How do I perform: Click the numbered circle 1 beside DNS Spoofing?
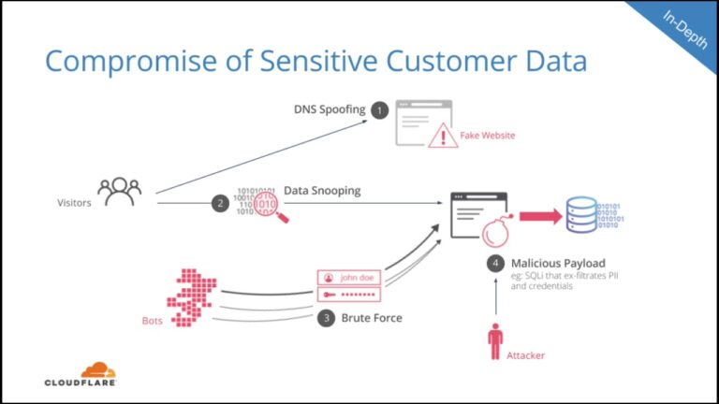[379, 110]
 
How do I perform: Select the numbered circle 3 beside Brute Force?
[326, 318]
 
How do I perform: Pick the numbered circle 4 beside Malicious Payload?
[495, 263]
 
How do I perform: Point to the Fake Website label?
[487, 136]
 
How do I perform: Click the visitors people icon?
[119, 192]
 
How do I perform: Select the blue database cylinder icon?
[580, 215]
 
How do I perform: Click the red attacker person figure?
[495, 341]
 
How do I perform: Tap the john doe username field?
[350, 277]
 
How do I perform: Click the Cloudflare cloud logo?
[98, 370]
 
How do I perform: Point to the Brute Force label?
[373, 318]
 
